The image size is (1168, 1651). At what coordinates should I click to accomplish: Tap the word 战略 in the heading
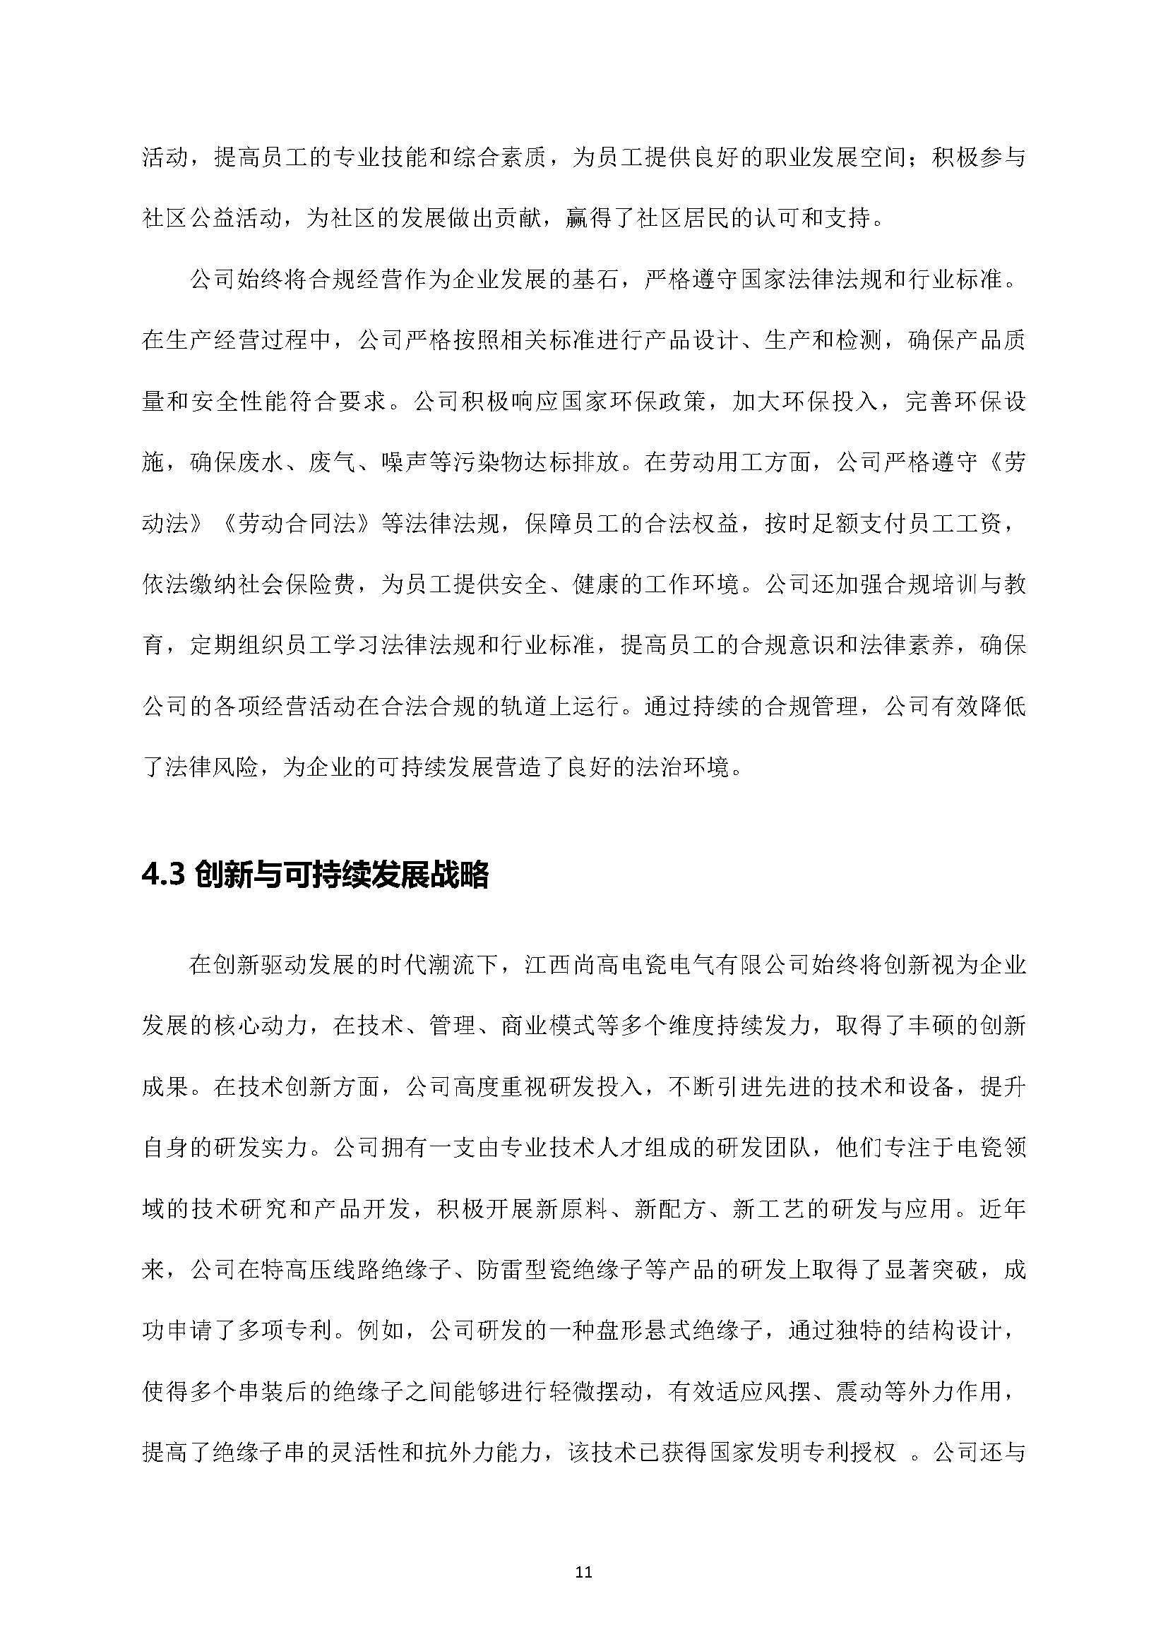(x=465, y=875)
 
